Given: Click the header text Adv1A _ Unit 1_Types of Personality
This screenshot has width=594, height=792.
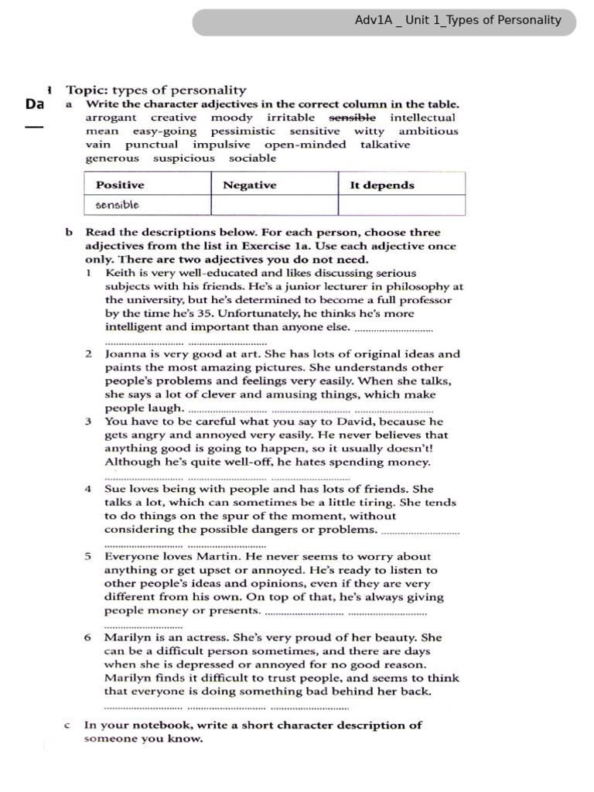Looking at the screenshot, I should point(458,21).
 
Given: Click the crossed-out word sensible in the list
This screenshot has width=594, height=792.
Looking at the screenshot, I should point(353,118).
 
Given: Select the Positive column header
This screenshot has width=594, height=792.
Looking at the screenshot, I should point(120,185).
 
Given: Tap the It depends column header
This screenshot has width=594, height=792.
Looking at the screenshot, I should point(382,185).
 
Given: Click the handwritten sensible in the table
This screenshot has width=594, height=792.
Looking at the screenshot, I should point(118,205).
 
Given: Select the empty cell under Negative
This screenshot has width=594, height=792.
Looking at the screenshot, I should point(274,205).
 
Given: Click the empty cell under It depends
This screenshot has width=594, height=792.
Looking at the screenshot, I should point(401,205).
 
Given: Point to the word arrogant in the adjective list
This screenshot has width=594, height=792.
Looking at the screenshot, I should point(111,118).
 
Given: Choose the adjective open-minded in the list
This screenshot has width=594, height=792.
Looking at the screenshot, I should point(305,145).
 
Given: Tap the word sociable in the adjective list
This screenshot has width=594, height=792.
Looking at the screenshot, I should point(252,158).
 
